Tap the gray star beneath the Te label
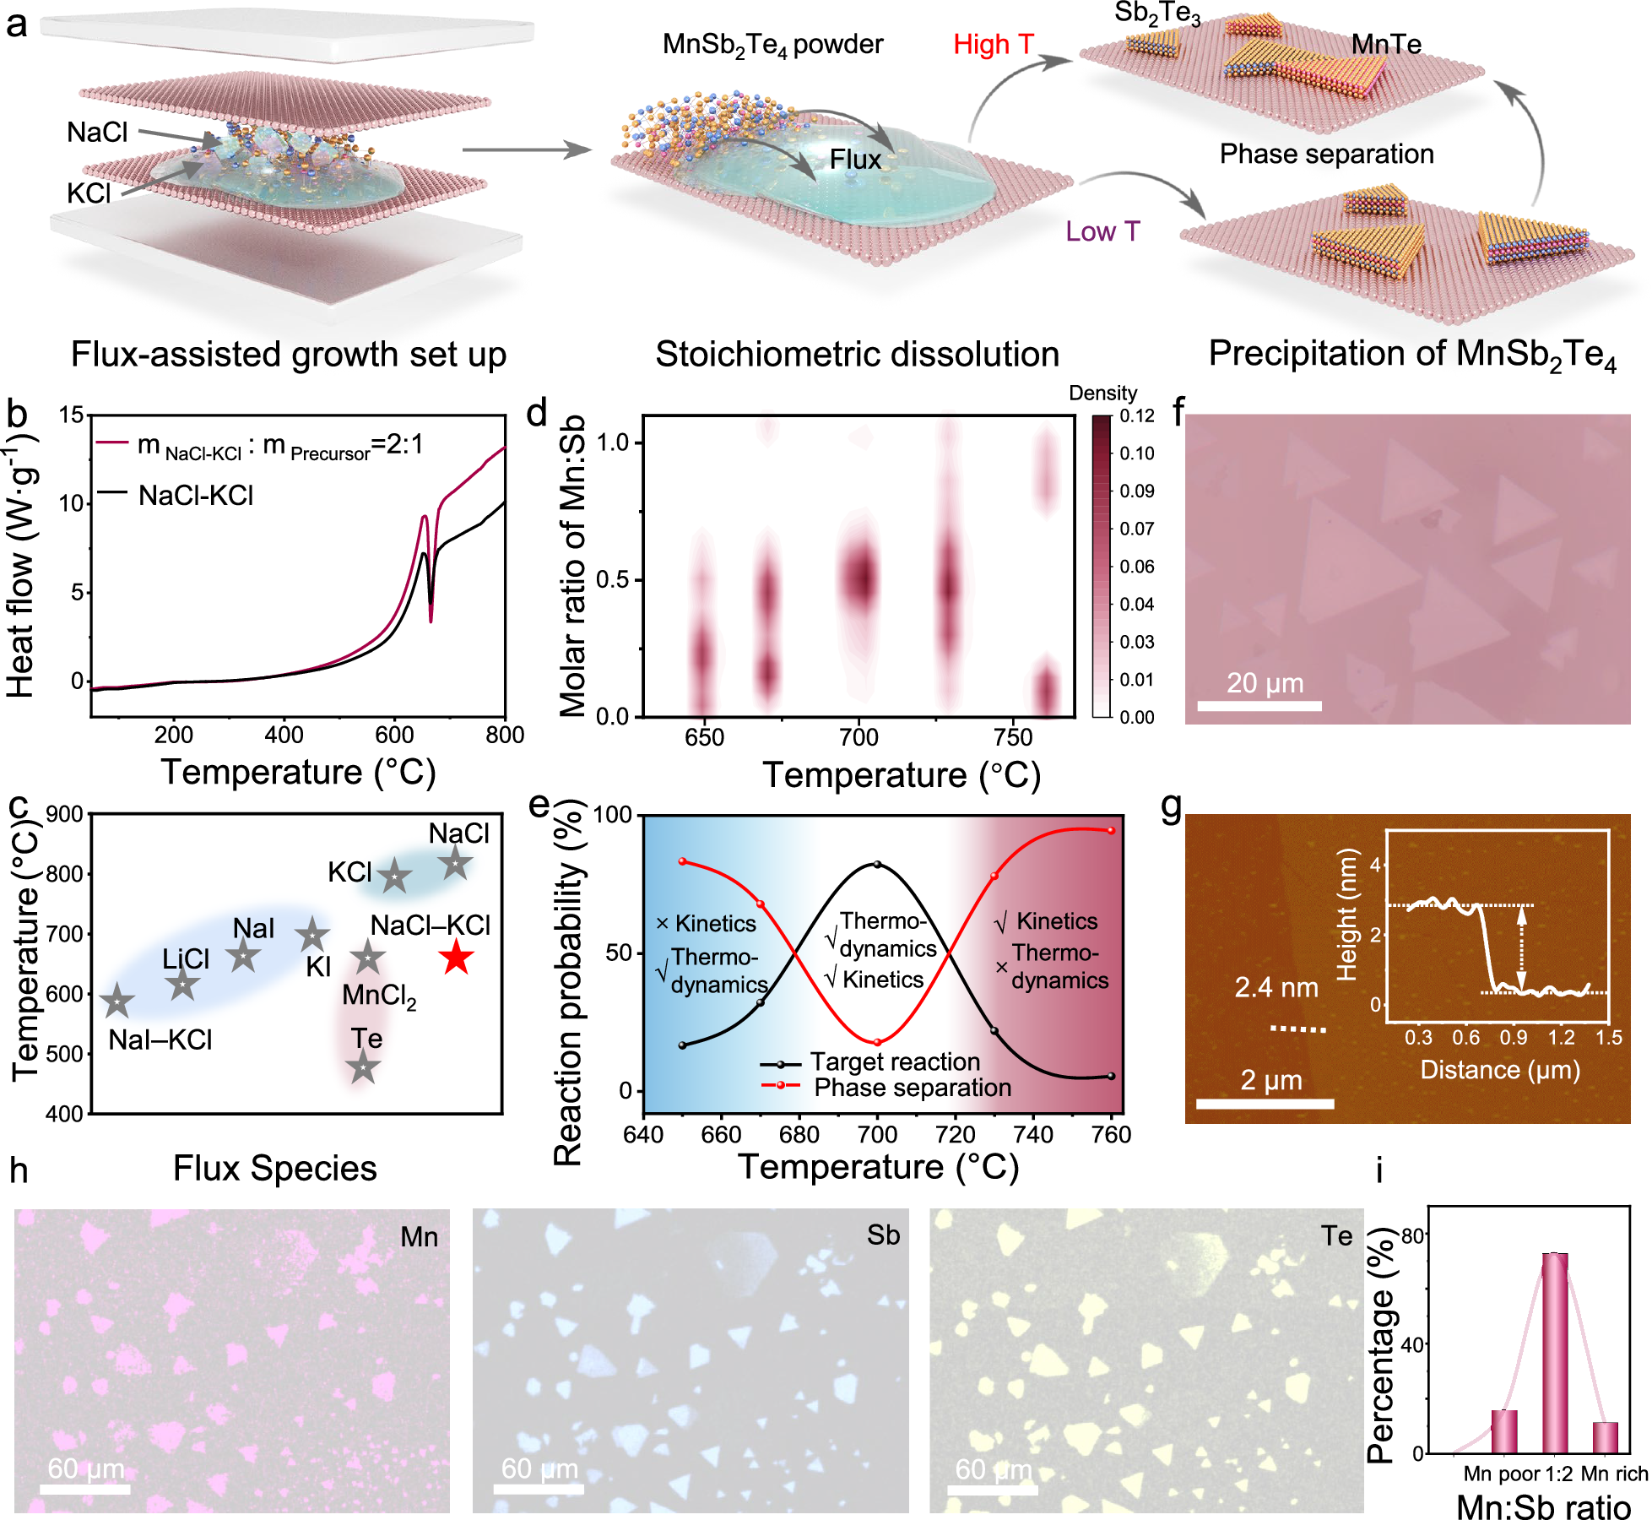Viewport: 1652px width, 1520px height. click(x=363, y=1067)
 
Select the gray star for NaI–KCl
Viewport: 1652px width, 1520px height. click(x=117, y=1002)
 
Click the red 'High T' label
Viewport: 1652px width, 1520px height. click(x=994, y=44)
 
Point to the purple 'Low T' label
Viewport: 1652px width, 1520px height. click(x=1102, y=231)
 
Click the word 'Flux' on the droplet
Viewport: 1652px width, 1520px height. click(x=855, y=160)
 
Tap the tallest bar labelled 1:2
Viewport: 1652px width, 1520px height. click(x=1555, y=1353)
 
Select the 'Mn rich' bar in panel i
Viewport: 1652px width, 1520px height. click(x=1606, y=1437)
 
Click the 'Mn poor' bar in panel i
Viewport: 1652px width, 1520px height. click(x=1504, y=1431)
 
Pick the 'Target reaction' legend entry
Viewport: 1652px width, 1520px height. click(x=895, y=1061)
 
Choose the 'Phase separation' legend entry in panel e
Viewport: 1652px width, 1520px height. click(x=912, y=1088)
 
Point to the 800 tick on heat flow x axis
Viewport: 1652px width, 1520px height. click(x=505, y=735)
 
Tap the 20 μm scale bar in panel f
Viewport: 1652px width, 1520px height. click(x=1259, y=705)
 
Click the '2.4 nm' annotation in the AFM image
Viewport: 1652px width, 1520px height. click(x=1276, y=987)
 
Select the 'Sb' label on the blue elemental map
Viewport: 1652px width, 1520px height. click(x=883, y=1235)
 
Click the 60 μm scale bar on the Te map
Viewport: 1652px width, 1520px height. click(x=993, y=1488)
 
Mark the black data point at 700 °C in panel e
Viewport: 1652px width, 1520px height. click(x=877, y=865)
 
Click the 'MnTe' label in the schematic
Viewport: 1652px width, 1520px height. click(x=1386, y=44)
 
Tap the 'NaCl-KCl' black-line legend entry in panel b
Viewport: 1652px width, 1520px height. click(x=196, y=495)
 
